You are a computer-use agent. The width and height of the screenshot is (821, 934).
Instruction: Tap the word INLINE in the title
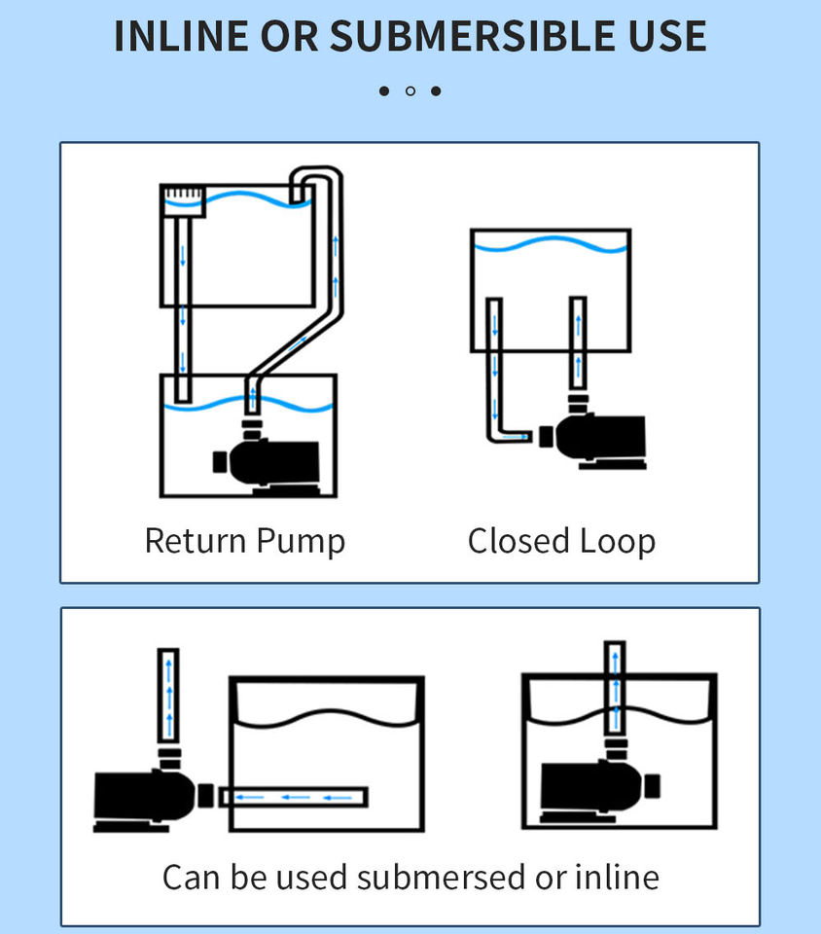click(181, 36)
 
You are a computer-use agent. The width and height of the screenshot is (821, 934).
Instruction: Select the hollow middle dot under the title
click(410, 91)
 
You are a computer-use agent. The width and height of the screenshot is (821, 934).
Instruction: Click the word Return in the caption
click(196, 541)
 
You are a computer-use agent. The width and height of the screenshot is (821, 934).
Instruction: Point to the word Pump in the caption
click(302, 543)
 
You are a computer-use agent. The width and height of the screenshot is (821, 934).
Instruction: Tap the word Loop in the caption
click(618, 543)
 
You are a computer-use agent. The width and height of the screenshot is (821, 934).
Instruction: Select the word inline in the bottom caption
click(617, 878)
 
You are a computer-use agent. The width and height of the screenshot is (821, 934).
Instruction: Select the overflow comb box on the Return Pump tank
click(183, 201)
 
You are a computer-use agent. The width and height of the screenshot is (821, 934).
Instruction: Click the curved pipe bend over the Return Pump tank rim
click(316, 185)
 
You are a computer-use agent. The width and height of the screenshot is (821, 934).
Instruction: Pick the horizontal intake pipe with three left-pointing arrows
click(294, 797)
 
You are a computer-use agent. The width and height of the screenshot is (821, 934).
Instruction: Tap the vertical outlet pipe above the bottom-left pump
click(168, 695)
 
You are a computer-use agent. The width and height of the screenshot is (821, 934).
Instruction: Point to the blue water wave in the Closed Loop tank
click(550, 244)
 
